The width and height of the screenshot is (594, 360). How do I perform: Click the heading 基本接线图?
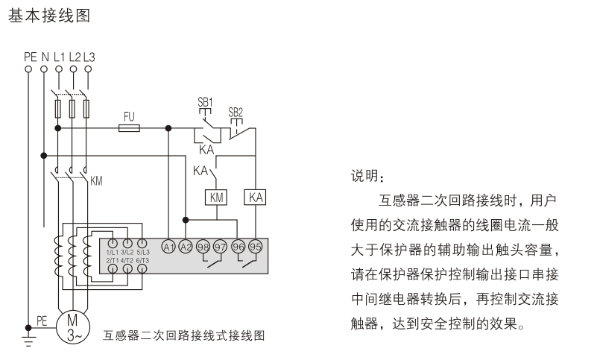tap(49, 16)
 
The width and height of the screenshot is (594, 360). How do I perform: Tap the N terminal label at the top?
tap(44, 56)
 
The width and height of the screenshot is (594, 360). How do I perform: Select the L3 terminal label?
tap(89, 56)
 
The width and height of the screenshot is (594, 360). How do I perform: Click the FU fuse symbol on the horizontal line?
tap(130, 128)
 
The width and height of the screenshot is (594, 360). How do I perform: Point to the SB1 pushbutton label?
tap(205, 101)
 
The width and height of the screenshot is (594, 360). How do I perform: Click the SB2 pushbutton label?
tap(236, 112)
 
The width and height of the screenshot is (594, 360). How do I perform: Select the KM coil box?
tap(215, 198)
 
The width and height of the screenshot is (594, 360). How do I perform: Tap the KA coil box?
tap(256, 198)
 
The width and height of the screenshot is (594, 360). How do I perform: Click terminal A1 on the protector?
tap(168, 247)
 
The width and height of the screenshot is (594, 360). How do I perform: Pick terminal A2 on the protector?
tap(186, 247)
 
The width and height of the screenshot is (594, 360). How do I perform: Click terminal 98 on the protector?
tap(203, 247)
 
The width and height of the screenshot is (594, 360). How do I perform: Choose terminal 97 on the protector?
tap(221, 247)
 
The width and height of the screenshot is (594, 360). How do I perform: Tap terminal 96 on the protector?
tap(238, 247)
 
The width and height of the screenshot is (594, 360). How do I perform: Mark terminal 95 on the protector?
tap(256, 247)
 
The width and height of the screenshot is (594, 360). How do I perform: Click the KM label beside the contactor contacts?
tap(96, 181)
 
